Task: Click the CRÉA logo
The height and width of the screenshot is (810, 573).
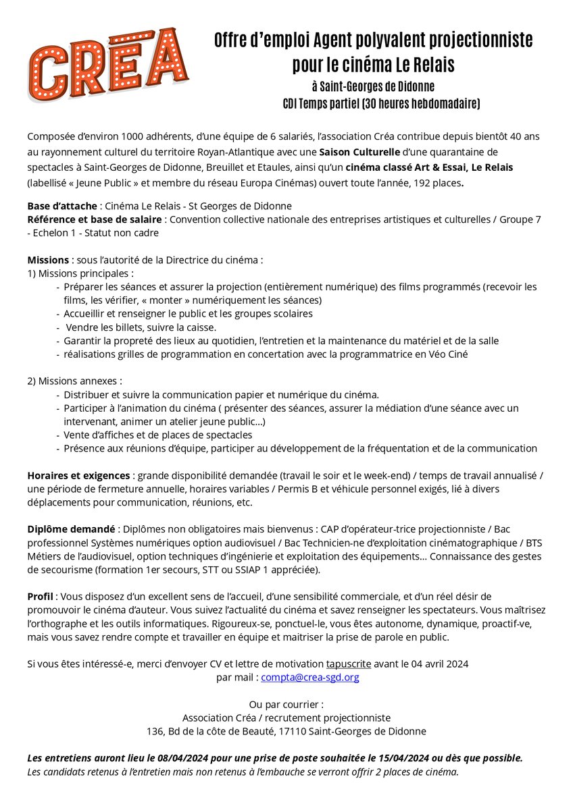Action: [x=108, y=65]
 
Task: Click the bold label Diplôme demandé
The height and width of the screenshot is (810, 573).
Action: [x=70, y=529]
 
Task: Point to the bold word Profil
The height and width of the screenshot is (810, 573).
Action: [x=40, y=597]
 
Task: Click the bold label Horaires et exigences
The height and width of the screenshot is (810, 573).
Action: [x=80, y=475]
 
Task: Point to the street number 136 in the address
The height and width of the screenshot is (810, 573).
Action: [x=155, y=731]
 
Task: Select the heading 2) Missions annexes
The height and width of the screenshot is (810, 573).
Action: [x=74, y=381]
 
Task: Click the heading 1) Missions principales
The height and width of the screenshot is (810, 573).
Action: [x=80, y=273]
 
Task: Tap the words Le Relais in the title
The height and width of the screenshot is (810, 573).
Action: [x=426, y=65]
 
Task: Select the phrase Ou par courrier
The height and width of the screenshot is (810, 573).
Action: [x=286, y=704]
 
